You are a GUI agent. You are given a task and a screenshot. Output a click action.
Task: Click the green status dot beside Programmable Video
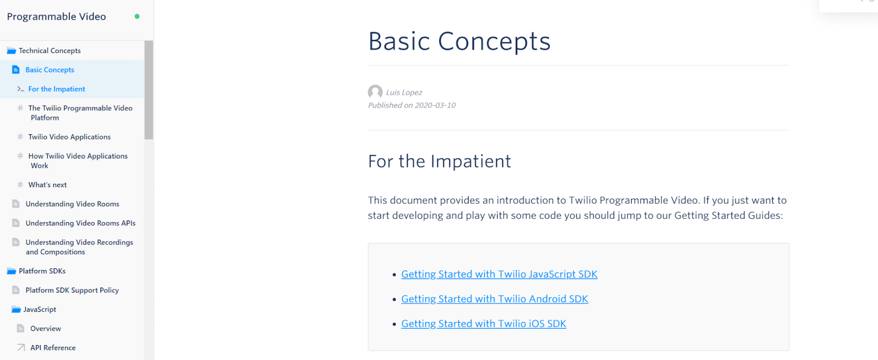(137, 16)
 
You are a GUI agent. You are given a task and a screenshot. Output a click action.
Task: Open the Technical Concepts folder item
(49, 50)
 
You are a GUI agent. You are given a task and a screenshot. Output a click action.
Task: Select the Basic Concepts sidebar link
(49, 70)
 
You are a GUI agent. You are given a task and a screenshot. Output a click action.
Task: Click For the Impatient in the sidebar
(57, 89)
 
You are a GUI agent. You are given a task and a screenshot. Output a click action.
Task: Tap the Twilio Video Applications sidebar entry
(69, 137)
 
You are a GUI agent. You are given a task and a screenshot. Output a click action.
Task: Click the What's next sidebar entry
(47, 185)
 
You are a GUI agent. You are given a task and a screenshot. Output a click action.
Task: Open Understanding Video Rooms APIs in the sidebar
(80, 223)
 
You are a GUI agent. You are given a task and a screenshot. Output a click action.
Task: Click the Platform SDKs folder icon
(11, 271)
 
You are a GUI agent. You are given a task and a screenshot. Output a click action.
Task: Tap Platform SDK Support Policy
(72, 290)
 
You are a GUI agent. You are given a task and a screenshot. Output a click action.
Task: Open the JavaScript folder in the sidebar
(40, 310)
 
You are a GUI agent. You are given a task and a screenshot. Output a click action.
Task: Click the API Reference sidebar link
(53, 348)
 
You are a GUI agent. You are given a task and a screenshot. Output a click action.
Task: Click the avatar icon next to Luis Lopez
(375, 92)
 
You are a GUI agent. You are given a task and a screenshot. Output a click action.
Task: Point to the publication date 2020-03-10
(435, 105)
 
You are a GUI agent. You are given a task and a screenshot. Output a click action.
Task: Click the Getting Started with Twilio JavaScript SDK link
(499, 274)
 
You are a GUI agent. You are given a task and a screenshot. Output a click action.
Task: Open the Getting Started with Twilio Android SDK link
(494, 299)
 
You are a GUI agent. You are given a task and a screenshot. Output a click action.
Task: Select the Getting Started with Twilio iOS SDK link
(483, 324)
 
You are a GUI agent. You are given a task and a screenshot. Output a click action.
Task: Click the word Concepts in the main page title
(494, 42)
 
